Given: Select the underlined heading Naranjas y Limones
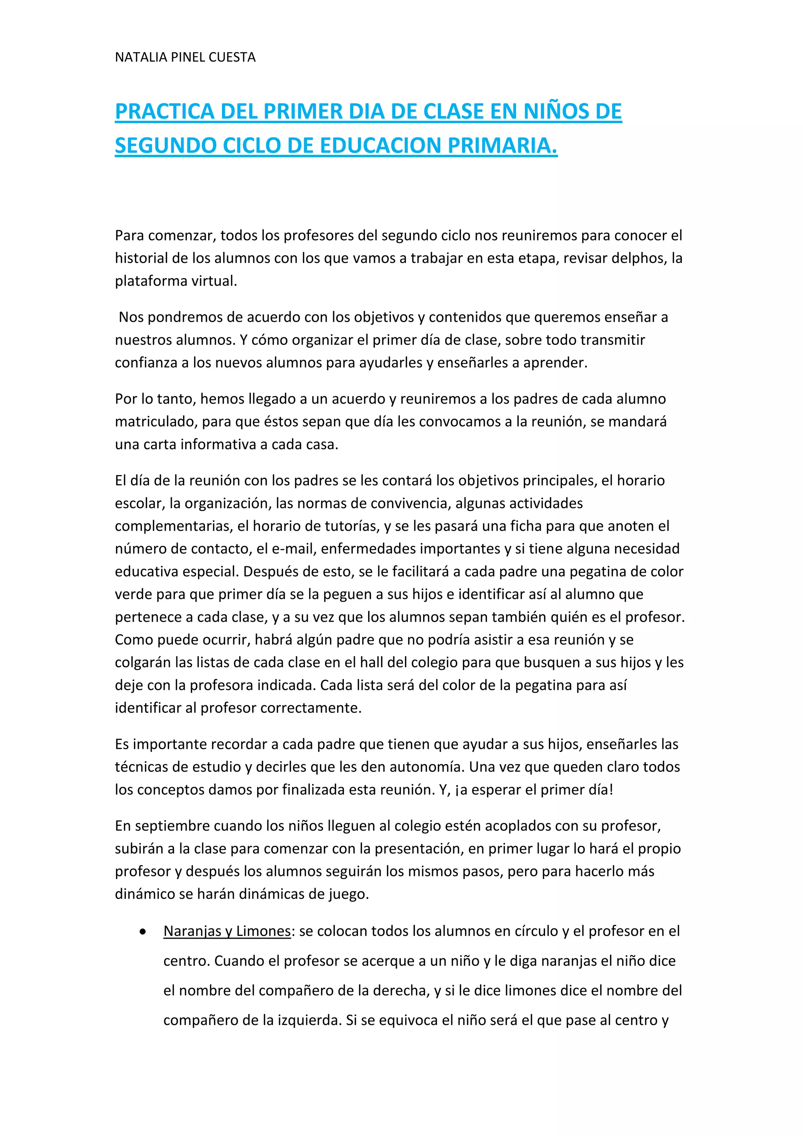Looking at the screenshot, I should (227, 931).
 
